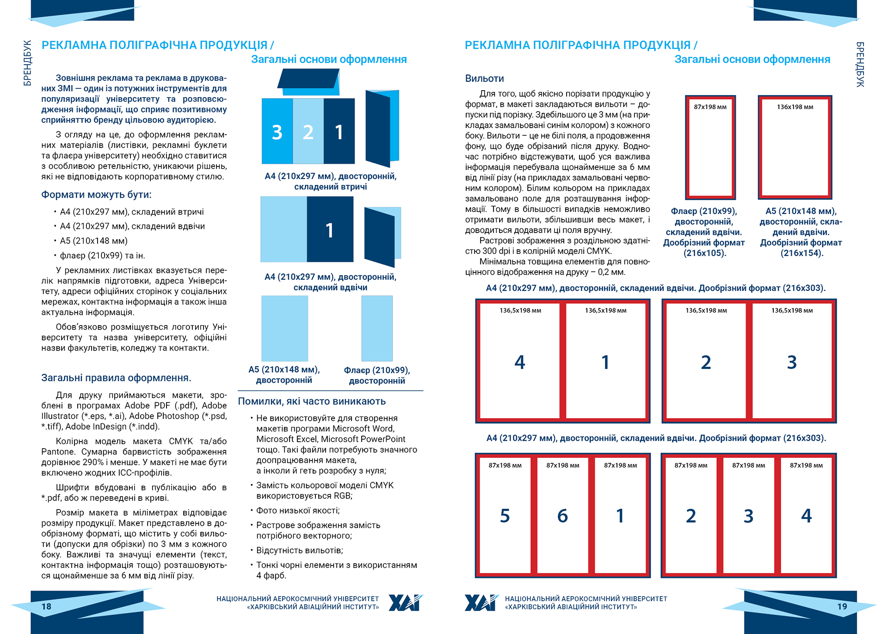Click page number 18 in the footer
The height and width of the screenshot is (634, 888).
point(46,606)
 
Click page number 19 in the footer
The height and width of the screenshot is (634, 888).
point(842,606)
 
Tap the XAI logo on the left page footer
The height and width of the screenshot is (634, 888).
point(406,603)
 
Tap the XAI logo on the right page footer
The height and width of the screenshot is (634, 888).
point(481,603)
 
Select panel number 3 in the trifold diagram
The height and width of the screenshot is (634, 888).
point(277,132)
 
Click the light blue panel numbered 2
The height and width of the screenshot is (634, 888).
point(308,132)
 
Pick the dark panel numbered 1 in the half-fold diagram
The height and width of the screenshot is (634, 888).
point(330,230)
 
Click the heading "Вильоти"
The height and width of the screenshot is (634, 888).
point(484,79)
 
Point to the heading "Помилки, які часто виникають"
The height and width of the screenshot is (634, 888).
point(312,401)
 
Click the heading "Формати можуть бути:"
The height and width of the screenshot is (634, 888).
point(96,195)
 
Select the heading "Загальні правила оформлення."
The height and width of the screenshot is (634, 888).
point(116,378)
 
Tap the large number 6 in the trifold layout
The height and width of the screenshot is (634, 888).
point(562,516)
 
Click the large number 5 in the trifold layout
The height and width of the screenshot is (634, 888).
point(505,516)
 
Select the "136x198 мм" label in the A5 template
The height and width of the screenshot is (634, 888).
point(795,107)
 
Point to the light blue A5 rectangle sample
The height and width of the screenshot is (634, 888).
point(284,328)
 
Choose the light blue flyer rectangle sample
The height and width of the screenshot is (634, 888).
point(377,328)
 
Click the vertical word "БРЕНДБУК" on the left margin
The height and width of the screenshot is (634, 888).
point(27,63)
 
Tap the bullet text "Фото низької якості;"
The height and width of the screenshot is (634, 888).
point(298,511)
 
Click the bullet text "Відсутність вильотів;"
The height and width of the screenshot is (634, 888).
point(299,550)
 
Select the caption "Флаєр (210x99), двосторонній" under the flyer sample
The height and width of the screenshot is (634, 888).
point(377,375)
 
